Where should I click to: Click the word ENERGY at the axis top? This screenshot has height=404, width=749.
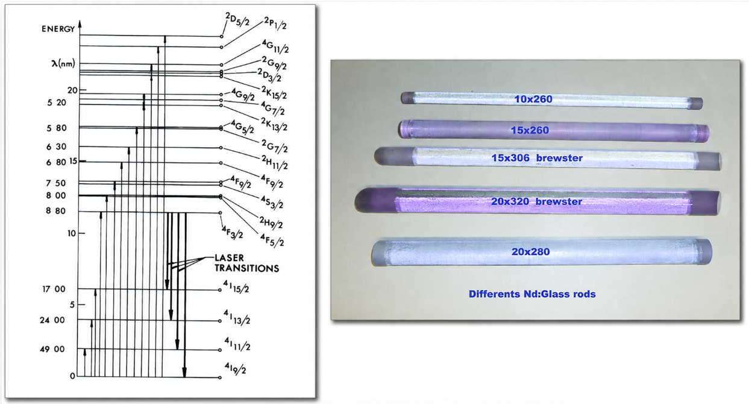point(58,29)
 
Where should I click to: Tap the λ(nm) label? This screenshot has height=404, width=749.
point(63,63)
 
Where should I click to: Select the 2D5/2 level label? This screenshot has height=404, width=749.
point(237,19)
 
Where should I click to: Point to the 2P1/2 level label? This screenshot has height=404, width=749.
point(275,23)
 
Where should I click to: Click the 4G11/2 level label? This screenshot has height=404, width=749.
point(275,46)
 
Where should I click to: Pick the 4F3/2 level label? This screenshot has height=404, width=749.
point(233,232)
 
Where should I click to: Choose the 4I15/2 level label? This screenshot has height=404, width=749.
point(236,286)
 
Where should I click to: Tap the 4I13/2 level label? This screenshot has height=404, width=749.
point(237,317)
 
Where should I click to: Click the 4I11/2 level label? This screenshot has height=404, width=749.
point(237,344)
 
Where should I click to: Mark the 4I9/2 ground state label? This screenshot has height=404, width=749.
point(236,368)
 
